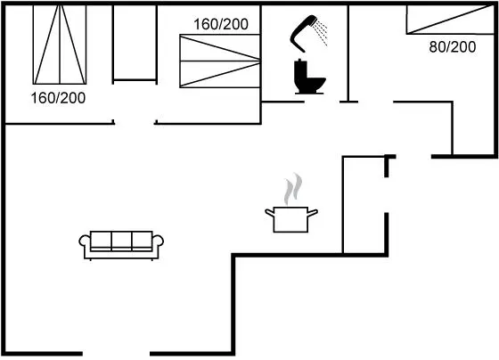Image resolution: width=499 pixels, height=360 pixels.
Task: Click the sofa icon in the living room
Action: pos(121,245)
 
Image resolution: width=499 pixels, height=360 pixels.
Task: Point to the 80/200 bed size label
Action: pos(453,47)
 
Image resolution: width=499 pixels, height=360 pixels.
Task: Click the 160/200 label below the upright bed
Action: pos(58,98)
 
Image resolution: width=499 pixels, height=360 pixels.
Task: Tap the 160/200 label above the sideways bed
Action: pos(221,24)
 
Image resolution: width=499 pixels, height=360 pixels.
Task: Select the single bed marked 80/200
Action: pos(450,20)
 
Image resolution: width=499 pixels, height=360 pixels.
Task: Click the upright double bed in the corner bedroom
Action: pos(60,45)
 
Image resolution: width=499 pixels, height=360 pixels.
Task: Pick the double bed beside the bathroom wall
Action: pos(220,61)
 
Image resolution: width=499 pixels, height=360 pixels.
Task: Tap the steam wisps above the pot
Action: pos(293,189)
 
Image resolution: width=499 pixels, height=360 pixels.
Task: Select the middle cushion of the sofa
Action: pos(121,240)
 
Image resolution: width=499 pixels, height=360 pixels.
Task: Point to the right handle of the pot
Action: pos(313,213)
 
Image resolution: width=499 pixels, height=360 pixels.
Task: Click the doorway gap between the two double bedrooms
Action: pos(135,123)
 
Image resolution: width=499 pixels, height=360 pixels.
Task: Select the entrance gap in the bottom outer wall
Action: pos(116,353)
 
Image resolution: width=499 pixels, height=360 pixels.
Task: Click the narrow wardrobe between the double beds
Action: pos(135,43)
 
